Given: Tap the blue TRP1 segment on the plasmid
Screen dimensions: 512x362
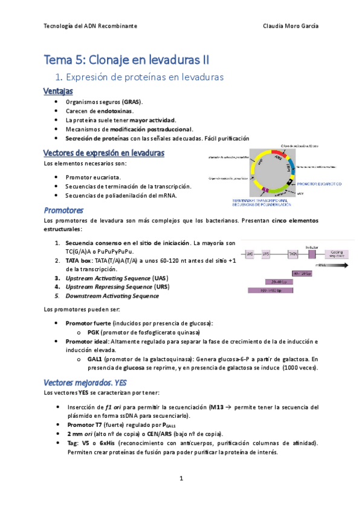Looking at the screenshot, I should pos(290,167).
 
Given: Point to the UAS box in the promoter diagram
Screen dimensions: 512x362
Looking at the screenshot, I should pos(250,255).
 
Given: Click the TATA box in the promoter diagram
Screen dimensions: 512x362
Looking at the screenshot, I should pos(293,255).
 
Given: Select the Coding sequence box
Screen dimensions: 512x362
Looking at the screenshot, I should pos(335,254).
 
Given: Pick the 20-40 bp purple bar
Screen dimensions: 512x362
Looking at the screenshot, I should pos(280,281).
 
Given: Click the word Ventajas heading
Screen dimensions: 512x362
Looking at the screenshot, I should pos(58,92).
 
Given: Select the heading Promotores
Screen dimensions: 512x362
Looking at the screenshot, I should pos(63,210).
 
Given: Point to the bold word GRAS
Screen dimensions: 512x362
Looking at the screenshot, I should pos(131,103).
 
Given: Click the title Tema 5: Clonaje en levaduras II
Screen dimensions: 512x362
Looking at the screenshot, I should pos(127,60).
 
